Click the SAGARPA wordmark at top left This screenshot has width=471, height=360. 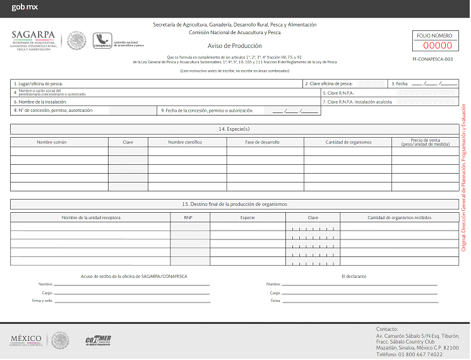pos(33,35)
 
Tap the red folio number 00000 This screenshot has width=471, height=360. pos(437,45)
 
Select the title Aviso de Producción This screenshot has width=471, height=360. pos(234,46)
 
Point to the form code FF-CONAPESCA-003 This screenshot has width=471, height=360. pos(432,59)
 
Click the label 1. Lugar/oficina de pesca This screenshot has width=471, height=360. pos(39,83)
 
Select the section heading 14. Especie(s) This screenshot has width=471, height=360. pos(234,129)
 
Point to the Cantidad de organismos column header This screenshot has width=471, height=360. pos(348,142)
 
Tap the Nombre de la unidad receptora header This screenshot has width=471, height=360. pos(91,217)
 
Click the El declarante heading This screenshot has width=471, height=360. pos(354,276)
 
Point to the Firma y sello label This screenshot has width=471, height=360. pos(44,301)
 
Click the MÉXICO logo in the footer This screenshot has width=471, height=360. pos(26,339)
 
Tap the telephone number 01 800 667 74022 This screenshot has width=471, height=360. pos(419,354)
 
